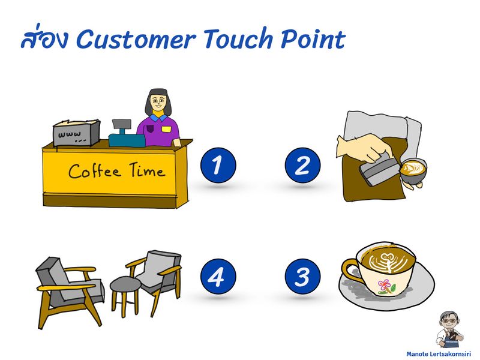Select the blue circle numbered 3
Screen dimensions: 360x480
point(302,277)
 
